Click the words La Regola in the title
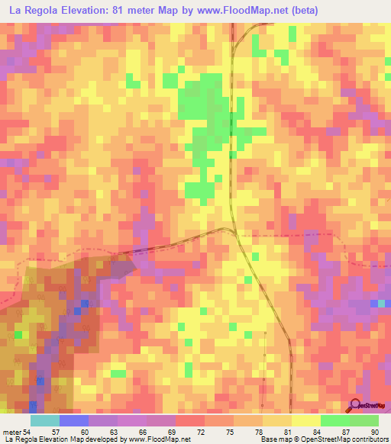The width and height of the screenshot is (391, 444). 34,10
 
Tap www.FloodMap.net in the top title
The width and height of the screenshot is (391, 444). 246,10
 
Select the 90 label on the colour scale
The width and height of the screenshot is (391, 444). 373,431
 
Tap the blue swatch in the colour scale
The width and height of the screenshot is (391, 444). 74,420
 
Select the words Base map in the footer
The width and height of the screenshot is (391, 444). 277,440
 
